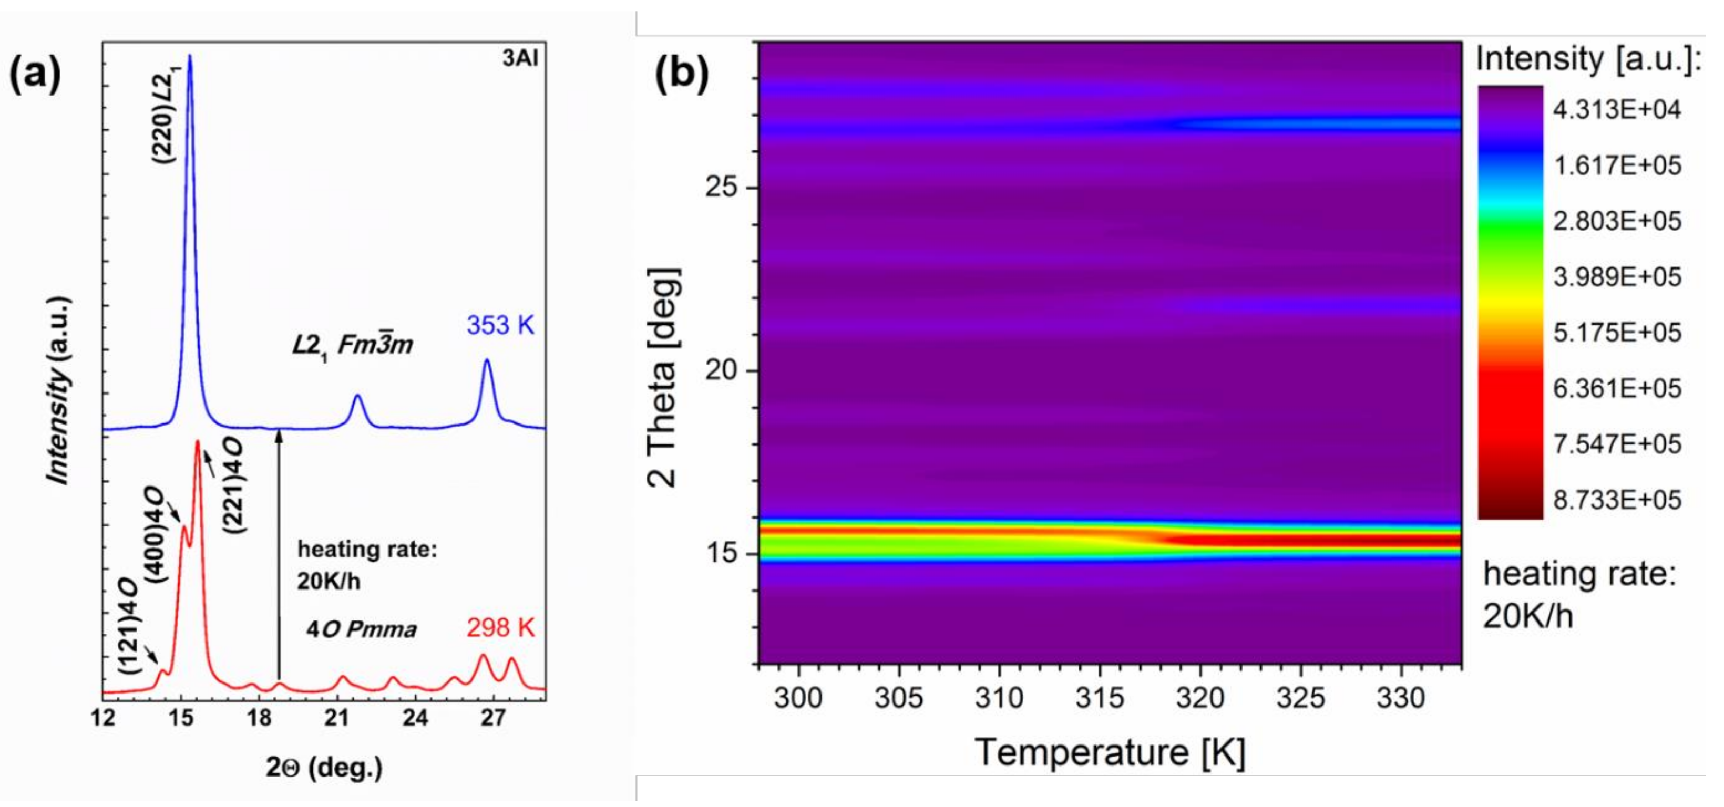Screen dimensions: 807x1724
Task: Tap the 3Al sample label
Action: [x=520, y=59]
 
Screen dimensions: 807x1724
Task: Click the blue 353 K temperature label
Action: [x=500, y=326]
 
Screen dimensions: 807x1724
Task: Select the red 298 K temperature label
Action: [x=500, y=628]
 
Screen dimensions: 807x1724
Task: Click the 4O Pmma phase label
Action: [x=362, y=629]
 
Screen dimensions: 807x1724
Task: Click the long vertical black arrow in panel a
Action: [x=279, y=555]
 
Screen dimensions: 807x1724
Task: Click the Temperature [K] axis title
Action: [x=1110, y=752]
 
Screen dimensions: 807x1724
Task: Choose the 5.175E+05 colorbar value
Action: [x=1617, y=333]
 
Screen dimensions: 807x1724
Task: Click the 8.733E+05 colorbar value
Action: [x=1617, y=500]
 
